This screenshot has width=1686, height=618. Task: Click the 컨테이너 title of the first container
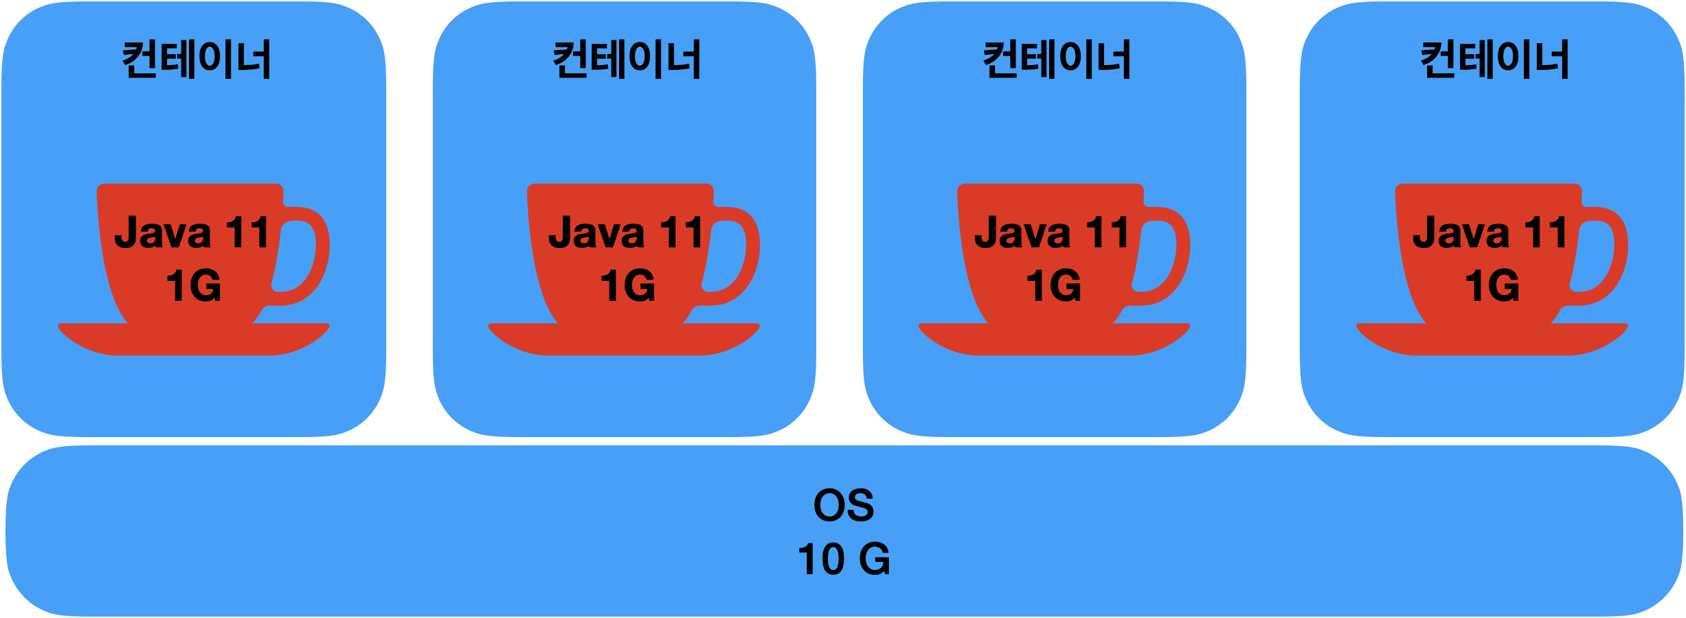click(197, 60)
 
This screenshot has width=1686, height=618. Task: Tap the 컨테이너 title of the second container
click(627, 60)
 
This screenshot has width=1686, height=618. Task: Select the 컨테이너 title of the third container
click(1057, 60)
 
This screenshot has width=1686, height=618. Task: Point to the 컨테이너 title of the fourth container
click(1495, 60)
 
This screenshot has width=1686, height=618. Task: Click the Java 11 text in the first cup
click(192, 233)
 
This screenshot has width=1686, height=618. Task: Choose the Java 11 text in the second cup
click(626, 233)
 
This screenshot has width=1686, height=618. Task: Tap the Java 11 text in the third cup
click(1052, 233)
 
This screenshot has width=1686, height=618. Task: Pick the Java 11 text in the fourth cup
click(1490, 233)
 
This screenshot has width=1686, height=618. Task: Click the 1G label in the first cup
click(194, 286)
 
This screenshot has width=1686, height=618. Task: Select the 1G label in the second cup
click(627, 286)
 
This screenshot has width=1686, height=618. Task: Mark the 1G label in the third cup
click(1053, 286)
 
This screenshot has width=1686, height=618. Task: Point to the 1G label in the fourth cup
click(1492, 286)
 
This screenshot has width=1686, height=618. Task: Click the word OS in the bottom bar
click(844, 506)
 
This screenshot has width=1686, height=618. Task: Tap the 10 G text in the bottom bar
click(844, 559)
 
